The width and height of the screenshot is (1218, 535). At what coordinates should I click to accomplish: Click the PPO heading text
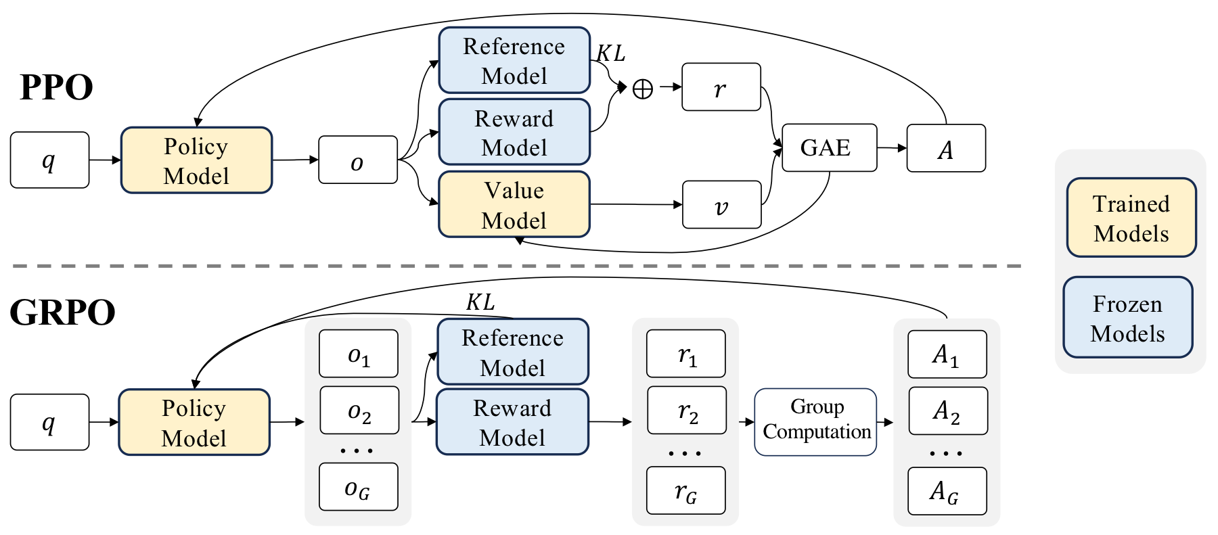click(56, 87)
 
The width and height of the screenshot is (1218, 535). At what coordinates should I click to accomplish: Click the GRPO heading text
click(62, 312)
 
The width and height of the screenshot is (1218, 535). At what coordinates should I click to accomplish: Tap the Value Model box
click(514, 204)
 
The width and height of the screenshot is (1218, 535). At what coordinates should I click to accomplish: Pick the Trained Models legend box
click(1131, 218)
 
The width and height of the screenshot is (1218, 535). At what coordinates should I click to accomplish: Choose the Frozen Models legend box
click(1127, 317)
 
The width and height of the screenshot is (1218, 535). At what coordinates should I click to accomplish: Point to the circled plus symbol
click(642, 89)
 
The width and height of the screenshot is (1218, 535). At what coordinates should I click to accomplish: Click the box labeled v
click(721, 204)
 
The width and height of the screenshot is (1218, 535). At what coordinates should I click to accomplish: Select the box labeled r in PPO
click(721, 87)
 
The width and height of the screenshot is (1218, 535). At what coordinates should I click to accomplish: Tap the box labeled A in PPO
click(946, 148)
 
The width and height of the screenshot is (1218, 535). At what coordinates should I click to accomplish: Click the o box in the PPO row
click(357, 160)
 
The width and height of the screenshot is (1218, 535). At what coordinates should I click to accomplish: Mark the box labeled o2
click(359, 411)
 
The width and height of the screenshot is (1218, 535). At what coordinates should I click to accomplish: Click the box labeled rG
click(685, 490)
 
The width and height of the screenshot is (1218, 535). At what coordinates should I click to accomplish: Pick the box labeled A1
click(947, 354)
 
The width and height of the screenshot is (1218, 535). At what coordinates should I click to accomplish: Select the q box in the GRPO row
click(49, 422)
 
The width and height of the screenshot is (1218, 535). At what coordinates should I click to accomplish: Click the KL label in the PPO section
click(610, 53)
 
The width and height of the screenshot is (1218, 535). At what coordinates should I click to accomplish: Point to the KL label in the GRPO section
click(480, 302)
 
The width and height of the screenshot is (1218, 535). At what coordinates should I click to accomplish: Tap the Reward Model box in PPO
click(514, 133)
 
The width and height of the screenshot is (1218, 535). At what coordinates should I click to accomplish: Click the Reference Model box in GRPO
click(513, 352)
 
